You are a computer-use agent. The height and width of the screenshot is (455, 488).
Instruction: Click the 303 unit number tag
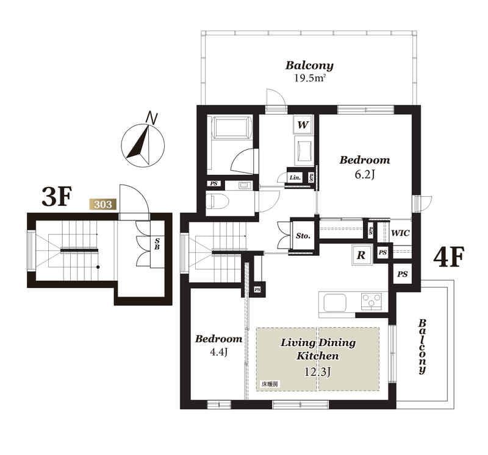point(102,205)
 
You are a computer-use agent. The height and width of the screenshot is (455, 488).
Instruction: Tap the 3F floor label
point(57,196)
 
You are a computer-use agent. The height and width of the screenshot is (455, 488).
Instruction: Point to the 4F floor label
point(449,256)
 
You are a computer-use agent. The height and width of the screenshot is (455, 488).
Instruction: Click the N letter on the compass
point(152,118)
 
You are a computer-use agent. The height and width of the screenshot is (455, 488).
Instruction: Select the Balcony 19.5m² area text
point(309,71)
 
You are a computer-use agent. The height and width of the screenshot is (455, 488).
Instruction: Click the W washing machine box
point(303,125)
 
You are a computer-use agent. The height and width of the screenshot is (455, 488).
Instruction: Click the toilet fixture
point(218,201)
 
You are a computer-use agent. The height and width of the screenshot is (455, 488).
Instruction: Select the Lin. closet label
point(295,178)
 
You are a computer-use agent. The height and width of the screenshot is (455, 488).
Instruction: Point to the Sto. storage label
point(303,236)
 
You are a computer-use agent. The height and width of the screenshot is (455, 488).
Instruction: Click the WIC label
point(400,233)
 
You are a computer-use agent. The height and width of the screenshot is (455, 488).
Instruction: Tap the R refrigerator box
point(361,255)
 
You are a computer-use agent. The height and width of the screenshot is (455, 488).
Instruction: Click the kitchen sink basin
point(335,303)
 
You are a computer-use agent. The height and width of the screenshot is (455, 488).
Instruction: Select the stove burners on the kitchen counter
point(371,301)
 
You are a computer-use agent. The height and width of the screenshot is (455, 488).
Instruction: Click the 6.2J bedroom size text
point(364,174)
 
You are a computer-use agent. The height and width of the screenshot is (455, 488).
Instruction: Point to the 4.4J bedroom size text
point(219,353)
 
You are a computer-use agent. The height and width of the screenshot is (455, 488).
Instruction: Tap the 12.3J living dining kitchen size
point(317,372)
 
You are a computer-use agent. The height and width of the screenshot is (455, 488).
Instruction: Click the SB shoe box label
point(157,244)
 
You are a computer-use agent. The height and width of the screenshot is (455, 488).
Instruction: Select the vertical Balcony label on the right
point(422,346)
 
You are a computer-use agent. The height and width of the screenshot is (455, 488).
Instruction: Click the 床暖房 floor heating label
point(269,384)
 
